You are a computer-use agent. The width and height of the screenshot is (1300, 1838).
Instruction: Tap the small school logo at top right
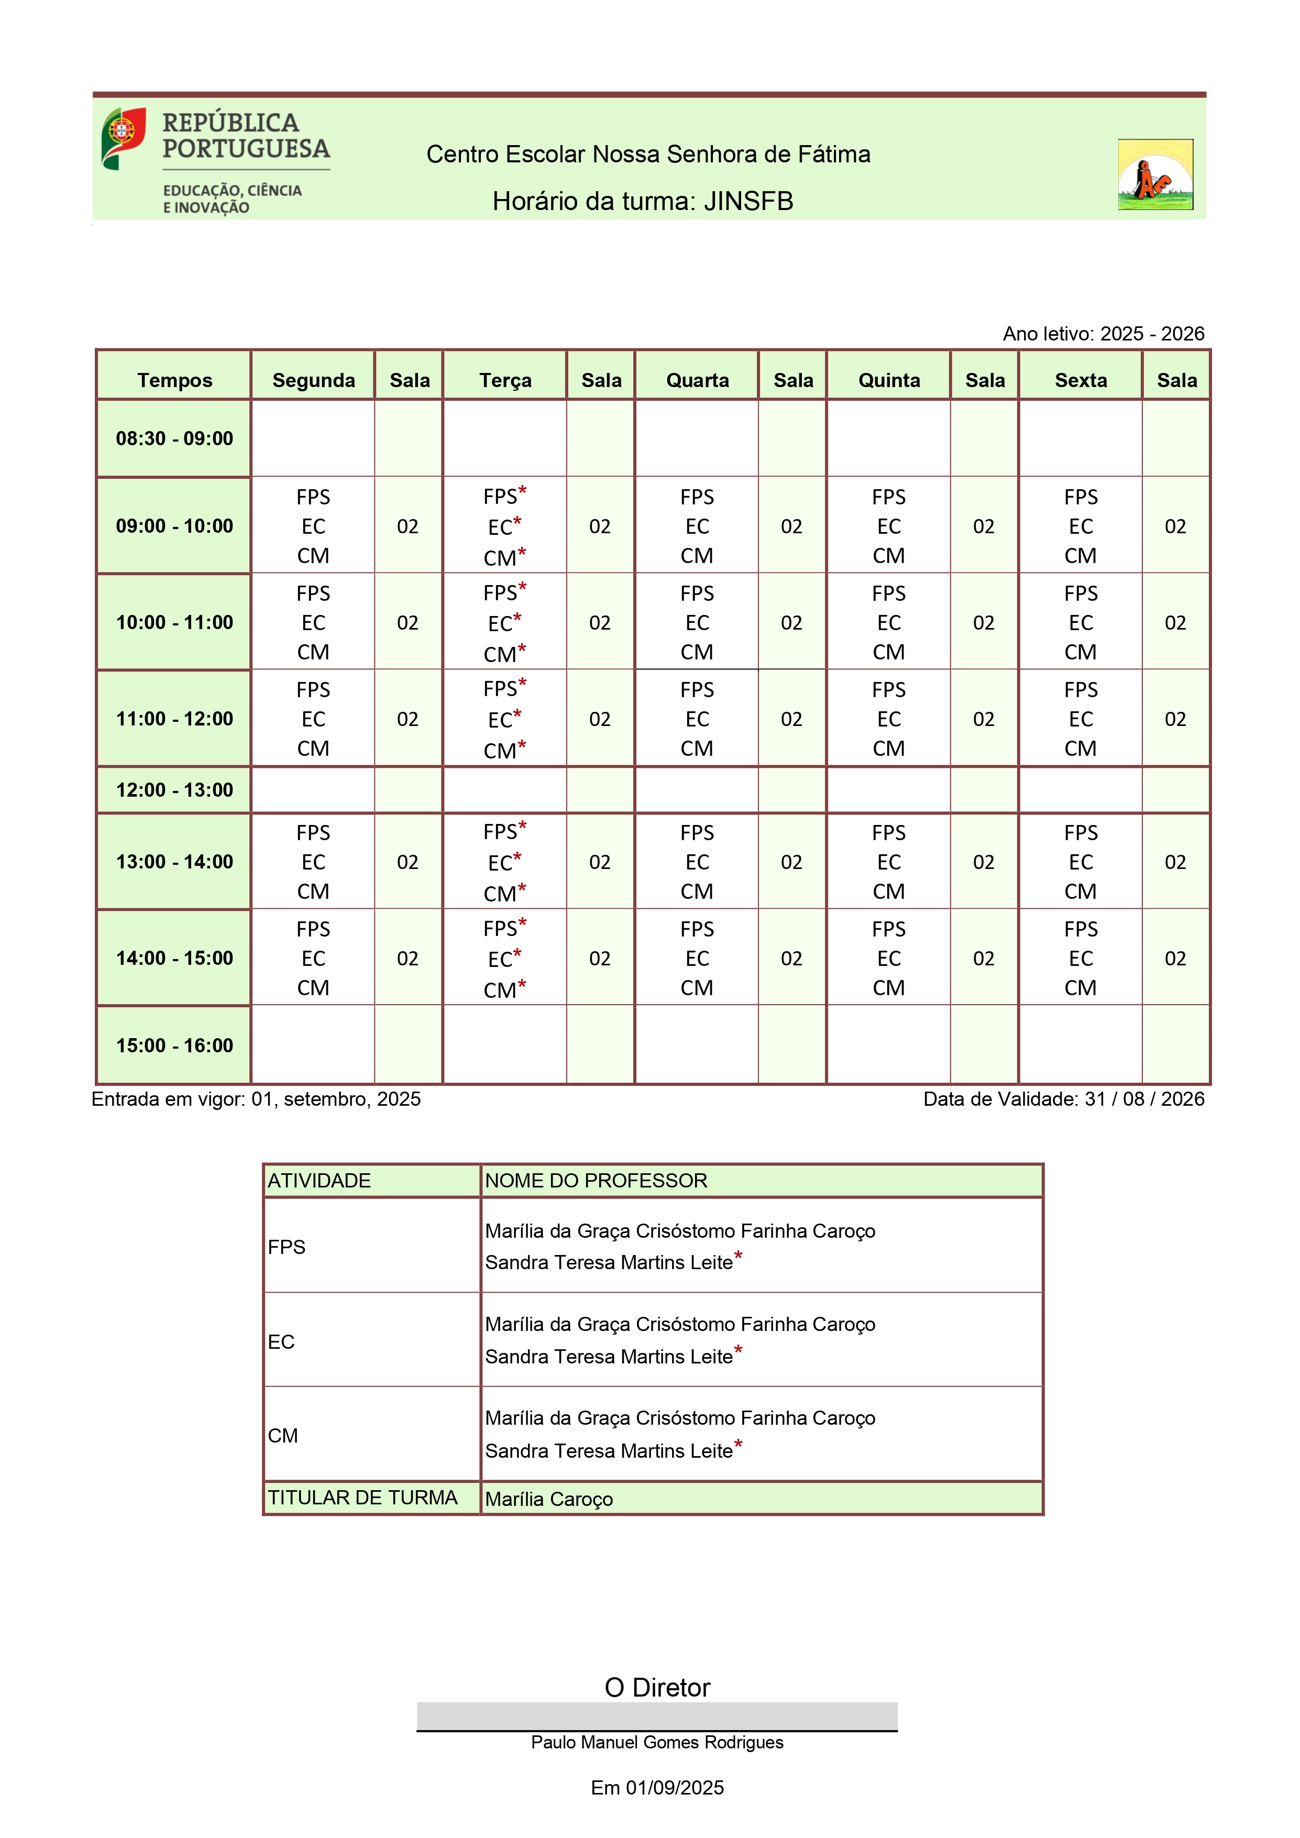point(1155,174)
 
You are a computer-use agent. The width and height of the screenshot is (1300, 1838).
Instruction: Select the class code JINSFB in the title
point(748,202)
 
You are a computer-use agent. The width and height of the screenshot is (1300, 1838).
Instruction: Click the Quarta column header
point(697,380)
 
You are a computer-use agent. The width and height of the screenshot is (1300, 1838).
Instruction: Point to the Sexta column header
point(1081,380)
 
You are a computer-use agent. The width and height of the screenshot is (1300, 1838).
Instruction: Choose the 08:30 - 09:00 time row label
point(174,439)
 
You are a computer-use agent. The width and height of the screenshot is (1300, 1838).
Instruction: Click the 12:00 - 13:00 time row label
point(174,790)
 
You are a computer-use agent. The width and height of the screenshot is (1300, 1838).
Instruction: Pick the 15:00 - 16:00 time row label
point(174,1045)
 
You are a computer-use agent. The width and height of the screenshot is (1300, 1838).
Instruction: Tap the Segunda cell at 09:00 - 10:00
point(313,526)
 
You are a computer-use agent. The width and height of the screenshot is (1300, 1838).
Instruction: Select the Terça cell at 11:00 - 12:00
point(504,719)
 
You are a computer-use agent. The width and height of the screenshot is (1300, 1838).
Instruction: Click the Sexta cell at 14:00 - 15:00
point(1081,958)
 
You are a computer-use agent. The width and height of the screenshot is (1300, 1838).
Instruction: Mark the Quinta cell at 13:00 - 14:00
point(888,862)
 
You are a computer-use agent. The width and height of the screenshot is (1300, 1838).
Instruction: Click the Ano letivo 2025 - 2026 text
point(1103,334)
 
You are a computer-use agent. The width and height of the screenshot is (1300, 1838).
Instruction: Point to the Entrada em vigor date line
point(256,1099)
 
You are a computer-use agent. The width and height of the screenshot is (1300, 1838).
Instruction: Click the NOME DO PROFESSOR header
point(597,1181)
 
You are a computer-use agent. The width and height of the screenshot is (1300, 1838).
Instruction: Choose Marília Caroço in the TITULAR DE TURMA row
point(549,1500)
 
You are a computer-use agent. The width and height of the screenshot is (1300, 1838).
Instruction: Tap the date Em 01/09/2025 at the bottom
point(657,1788)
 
